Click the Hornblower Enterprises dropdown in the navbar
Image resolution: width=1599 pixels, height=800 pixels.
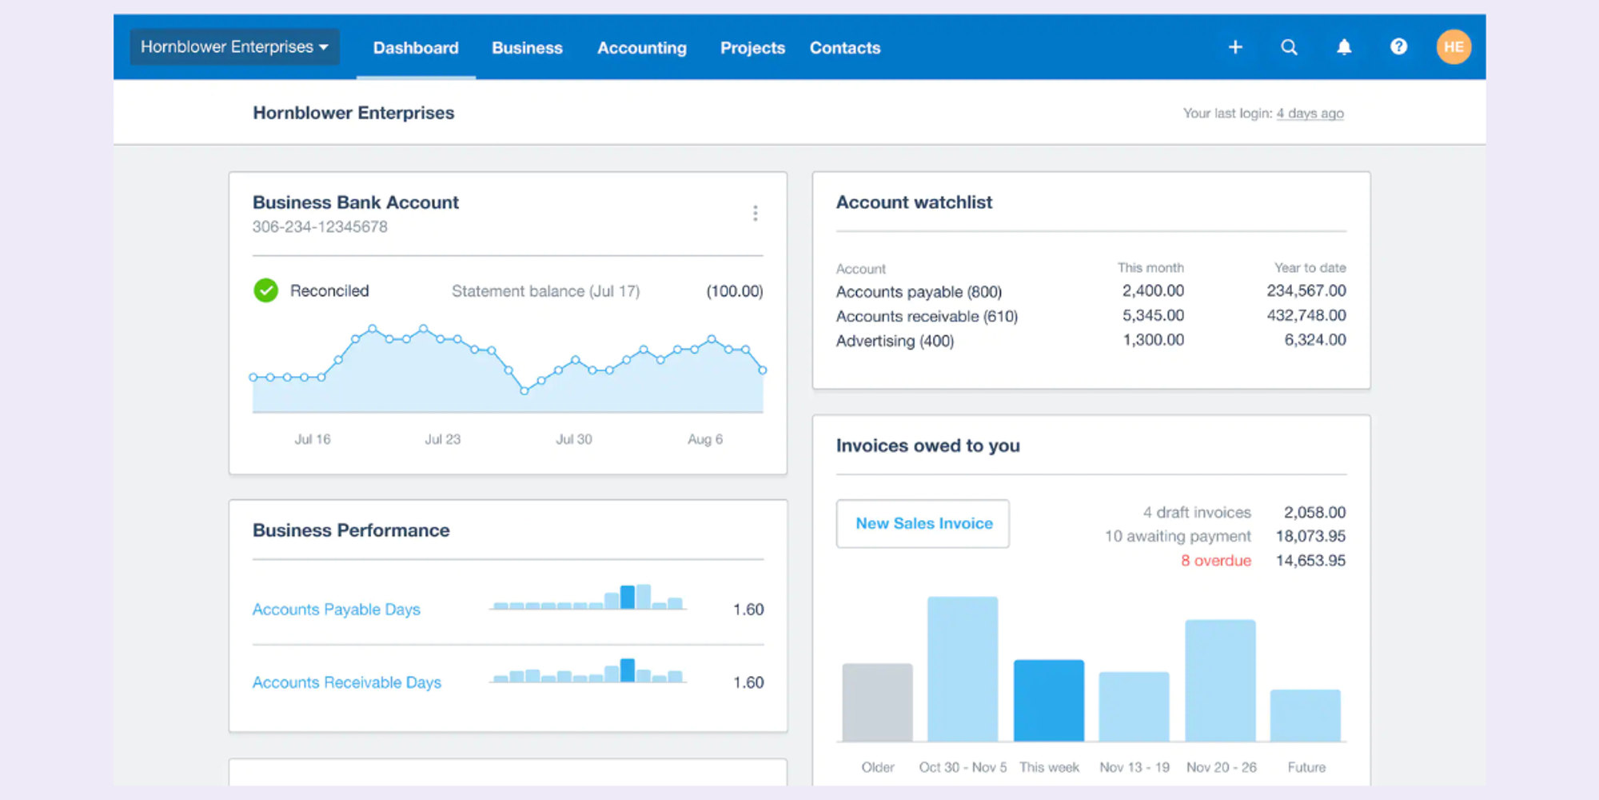pyautogui.click(x=234, y=47)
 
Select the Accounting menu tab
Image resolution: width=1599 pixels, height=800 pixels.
pyautogui.click(x=641, y=48)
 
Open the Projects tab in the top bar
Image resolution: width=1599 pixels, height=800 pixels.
pyautogui.click(x=752, y=48)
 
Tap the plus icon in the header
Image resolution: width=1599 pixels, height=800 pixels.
pyautogui.click(x=1235, y=47)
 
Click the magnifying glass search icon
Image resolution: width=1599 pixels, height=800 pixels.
pyautogui.click(x=1289, y=47)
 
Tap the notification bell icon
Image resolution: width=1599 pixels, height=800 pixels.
pyautogui.click(x=1344, y=47)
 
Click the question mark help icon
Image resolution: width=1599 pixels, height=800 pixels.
pyautogui.click(x=1398, y=47)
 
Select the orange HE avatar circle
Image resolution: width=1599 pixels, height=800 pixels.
pyautogui.click(x=1453, y=47)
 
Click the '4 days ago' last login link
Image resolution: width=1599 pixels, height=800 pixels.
pyautogui.click(x=1310, y=114)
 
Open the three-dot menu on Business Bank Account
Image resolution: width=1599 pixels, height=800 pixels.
pyautogui.click(x=755, y=213)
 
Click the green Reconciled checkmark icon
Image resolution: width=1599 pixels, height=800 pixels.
pyautogui.click(x=265, y=290)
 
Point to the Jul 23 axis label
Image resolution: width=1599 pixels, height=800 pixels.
pyautogui.click(x=442, y=439)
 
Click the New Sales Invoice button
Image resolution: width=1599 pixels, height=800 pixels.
pyautogui.click(x=923, y=524)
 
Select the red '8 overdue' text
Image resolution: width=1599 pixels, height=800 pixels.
pyautogui.click(x=1215, y=561)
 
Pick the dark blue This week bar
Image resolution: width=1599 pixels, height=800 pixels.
pyautogui.click(x=1048, y=700)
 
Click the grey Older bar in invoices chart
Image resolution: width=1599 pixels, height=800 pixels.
pyautogui.click(x=877, y=702)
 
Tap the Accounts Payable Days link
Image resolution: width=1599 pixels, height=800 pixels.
pyautogui.click(x=336, y=610)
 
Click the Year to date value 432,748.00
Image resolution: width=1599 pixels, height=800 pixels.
pyautogui.click(x=1306, y=315)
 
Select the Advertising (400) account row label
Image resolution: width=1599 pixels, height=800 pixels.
pyautogui.click(x=895, y=341)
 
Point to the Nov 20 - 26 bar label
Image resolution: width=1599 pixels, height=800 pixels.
pyautogui.click(x=1221, y=767)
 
